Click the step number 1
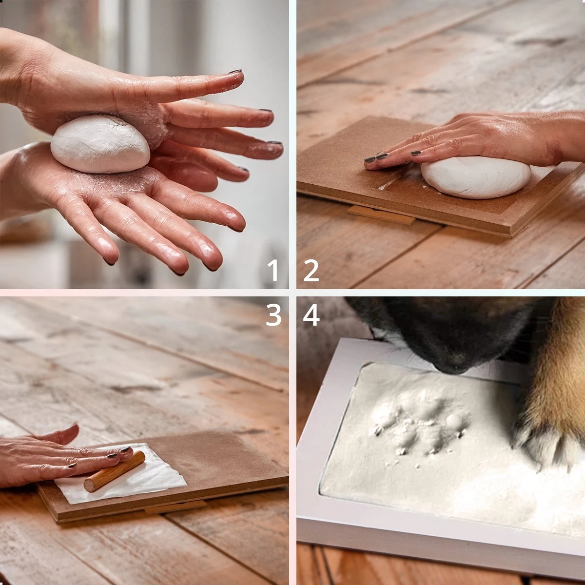273,270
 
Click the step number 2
311,270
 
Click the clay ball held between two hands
100,144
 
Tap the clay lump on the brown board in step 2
475,177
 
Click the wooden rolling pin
115,471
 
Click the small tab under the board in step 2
382,215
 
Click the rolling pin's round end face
90,485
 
